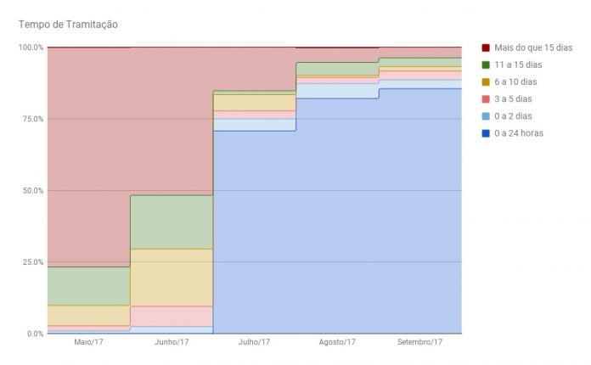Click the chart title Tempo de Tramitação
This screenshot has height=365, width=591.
tap(67, 24)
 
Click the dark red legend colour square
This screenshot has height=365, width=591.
tap(486, 48)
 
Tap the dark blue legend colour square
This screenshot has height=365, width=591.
tap(486, 132)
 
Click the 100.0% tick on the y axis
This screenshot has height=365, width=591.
tap(31, 48)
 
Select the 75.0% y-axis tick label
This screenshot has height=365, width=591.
tap(31, 119)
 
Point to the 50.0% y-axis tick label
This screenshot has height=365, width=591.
tap(31, 190)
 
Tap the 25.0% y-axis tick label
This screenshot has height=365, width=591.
tap(31, 262)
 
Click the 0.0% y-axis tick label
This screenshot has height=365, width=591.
tap(34, 334)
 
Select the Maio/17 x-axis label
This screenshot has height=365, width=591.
tap(88, 343)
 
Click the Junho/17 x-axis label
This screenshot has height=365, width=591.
tap(171, 343)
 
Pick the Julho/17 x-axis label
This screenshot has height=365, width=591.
tap(254, 343)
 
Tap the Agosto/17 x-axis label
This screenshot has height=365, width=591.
tap(336, 343)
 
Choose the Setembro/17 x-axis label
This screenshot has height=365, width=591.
tap(419, 343)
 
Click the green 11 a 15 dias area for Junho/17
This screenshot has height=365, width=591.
tap(171, 222)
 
